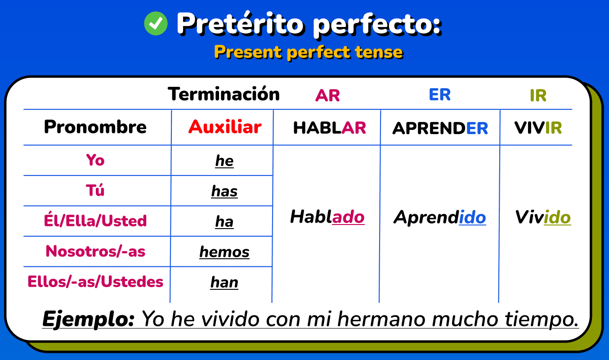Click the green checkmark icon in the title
[x=156, y=23]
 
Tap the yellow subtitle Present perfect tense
[x=309, y=52]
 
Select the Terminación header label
[x=224, y=94]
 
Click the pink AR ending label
[x=327, y=95]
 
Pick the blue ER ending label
[x=439, y=94]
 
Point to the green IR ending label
[x=538, y=95]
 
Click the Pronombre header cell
[x=95, y=127]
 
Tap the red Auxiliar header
[x=225, y=127]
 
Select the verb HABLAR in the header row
[x=330, y=128]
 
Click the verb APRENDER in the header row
[x=440, y=128]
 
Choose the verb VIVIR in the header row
[x=538, y=128]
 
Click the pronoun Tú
[x=95, y=191]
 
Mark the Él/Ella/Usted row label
[x=95, y=221]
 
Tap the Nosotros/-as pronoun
[x=95, y=251]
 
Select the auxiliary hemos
[x=224, y=252]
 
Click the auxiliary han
[x=224, y=282]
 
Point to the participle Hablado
[x=327, y=217]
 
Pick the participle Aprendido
[x=439, y=218]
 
